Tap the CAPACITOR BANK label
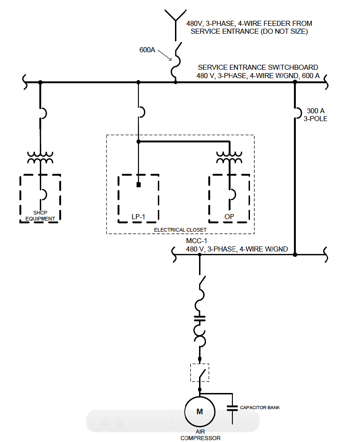[259, 407]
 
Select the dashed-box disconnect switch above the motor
[200, 372]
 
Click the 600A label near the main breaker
[147, 49]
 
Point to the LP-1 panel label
[138, 216]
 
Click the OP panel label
[229, 216]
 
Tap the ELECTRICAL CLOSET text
[180, 229]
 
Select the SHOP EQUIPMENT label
[40, 215]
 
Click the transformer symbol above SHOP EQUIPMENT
[40, 158]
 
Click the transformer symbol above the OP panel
[230, 158]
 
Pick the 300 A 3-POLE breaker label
[317, 115]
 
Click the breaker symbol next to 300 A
[296, 113]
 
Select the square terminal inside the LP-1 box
[138, 185]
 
